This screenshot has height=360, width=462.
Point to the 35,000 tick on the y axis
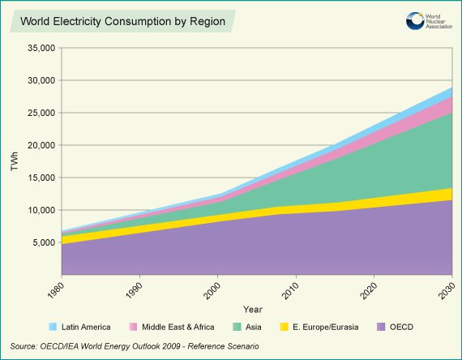point(39,49)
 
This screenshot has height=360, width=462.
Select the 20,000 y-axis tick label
point(39,146)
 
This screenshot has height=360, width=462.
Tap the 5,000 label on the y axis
point(42,243)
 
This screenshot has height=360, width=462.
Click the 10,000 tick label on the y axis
point(39,211)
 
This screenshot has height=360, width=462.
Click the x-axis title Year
point(252,309)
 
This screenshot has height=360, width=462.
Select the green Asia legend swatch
point(238,327)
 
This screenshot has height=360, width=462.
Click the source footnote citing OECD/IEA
point(135,346)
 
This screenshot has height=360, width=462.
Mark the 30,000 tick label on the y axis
point(39,81)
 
